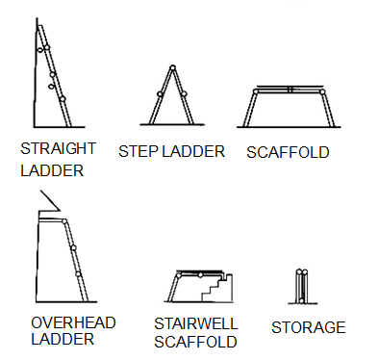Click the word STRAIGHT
58,149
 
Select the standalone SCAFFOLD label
288,151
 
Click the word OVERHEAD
72,321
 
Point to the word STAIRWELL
195,323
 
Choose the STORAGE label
308,327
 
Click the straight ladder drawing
53,77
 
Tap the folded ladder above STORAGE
303,285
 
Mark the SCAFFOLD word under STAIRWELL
195,341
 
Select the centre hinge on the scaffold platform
289,90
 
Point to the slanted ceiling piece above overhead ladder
48,204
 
